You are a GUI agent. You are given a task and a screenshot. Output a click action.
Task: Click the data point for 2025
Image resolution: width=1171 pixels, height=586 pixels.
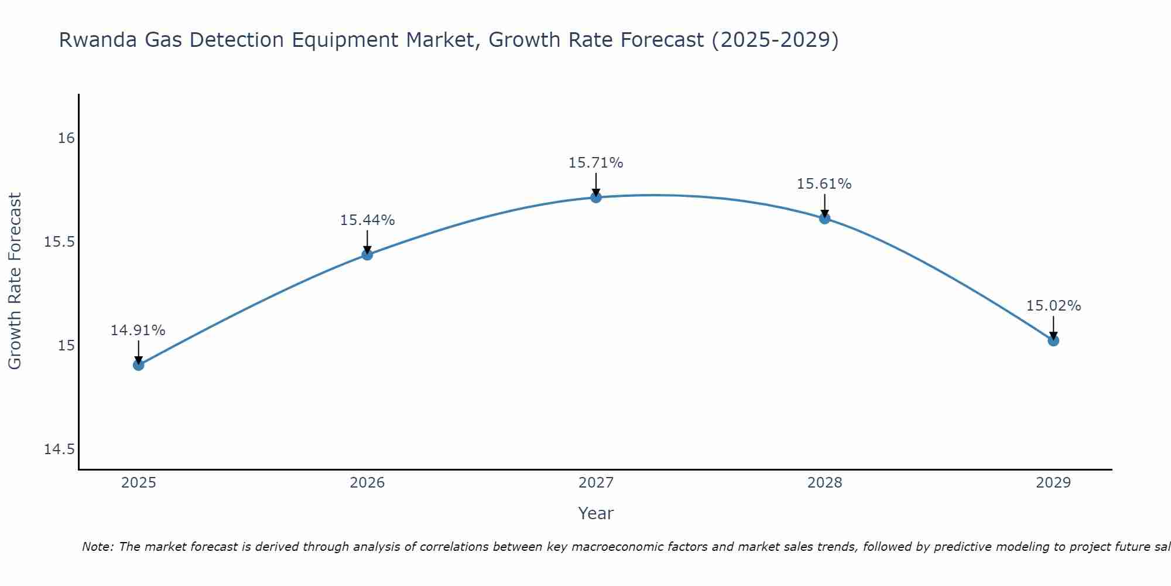tap(138, 364)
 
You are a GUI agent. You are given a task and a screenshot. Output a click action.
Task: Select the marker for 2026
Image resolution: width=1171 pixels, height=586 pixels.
tap(367, 254)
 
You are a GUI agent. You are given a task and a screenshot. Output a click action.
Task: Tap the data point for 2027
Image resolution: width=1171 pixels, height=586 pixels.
tap(596, 197)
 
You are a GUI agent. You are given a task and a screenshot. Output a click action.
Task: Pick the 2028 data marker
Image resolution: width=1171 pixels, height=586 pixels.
tap(824, 219)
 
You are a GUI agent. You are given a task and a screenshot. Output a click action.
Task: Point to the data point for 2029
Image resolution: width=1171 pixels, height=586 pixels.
tap(1053, 340)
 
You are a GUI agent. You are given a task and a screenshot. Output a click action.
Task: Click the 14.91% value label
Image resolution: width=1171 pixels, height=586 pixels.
tap(138, 331)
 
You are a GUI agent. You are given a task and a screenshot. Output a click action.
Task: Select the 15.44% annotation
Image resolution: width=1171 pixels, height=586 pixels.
tap(367, 220)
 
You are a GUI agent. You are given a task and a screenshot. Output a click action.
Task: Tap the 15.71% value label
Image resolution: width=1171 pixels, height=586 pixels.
tap(596, 163)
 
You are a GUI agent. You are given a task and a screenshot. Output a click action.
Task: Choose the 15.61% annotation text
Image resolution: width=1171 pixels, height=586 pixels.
tap(824, 184)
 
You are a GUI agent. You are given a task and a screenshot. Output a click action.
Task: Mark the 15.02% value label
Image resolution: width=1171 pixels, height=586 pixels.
tap(1053, 306)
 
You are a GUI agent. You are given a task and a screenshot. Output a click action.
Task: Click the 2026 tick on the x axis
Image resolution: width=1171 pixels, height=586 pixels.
tap(367, 483)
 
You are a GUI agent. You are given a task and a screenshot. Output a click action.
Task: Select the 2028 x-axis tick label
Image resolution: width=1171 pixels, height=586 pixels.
tap(824, 483)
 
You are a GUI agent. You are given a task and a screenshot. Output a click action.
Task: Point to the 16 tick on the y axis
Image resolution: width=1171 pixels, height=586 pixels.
tap(66, 138)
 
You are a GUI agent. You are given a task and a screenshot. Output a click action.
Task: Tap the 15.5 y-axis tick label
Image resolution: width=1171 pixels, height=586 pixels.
tap(60, 242)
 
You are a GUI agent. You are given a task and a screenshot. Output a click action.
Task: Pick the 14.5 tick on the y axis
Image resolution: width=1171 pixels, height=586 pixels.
tap(60, 449)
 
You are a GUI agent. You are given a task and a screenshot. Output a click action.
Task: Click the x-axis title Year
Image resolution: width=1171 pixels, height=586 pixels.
tap(596, 513)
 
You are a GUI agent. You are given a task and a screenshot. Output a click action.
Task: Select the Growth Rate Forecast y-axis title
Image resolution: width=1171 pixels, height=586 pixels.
tap(15, 281)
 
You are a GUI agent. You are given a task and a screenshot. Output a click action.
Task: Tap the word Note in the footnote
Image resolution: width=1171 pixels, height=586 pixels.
tap(98, 547)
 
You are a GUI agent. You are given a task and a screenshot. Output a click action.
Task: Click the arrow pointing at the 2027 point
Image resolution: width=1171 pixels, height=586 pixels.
tap(596, 184)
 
